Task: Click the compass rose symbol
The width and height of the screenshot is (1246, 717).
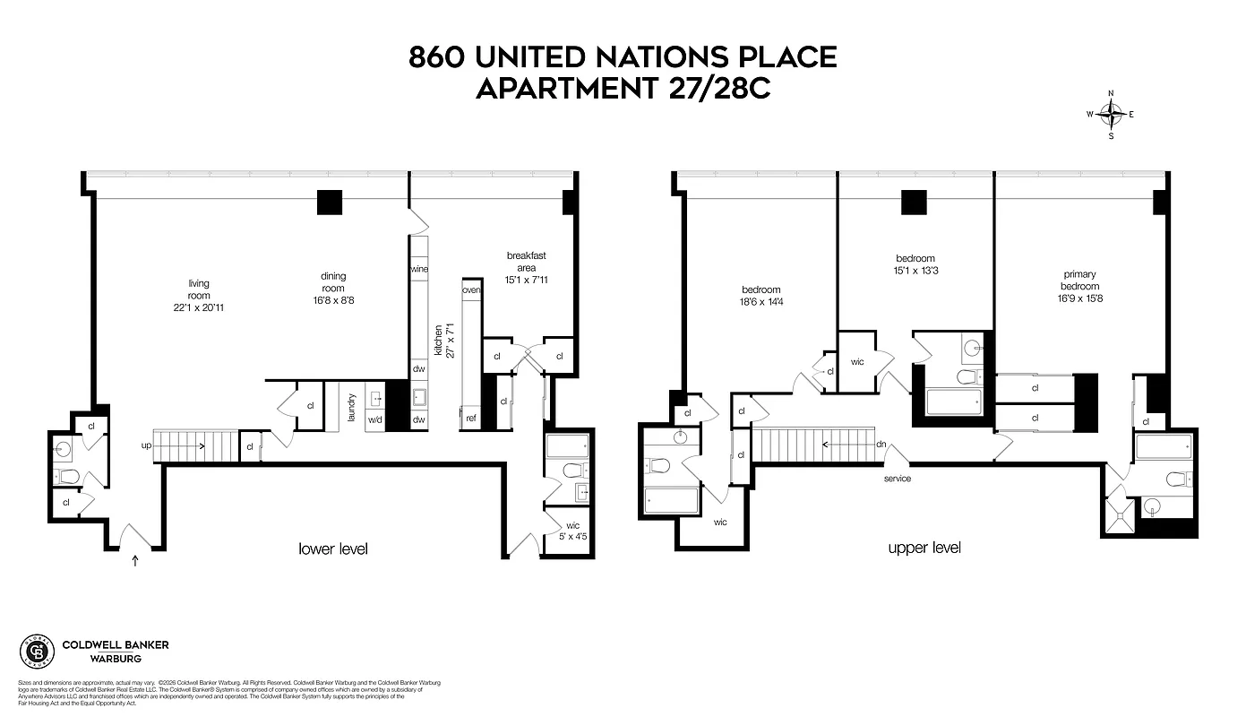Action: (1111, 114)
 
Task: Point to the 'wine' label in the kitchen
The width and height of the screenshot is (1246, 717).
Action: (418, 269)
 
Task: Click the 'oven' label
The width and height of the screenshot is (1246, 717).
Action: (471, 290)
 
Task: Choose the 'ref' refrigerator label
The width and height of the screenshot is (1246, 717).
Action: (470, 419)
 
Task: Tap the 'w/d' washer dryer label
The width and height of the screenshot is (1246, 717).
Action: (374, 419)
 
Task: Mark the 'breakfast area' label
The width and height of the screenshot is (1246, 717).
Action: (525, 261)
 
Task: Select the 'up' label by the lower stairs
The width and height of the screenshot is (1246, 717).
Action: (146, 445)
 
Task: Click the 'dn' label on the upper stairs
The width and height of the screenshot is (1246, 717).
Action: (881, 444)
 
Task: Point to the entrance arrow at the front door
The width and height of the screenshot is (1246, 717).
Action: (135, 562)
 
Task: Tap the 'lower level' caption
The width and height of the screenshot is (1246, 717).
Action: (333, 549)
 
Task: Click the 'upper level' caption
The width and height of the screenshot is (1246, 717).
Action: (924, 548)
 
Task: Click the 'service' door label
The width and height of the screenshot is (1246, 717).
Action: (897, 479)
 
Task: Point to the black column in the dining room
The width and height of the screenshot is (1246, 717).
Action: (330, 203)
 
